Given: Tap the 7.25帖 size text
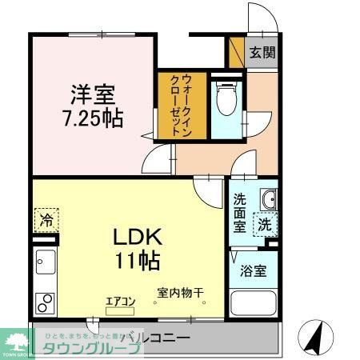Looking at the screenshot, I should [x=93, y=118].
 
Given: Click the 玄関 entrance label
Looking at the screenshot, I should [x=262, y=54].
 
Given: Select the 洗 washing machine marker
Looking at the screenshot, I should [x=264, y=226].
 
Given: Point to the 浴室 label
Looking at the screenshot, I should [x=253, y=271].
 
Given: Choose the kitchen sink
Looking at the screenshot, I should [x=45, y=262].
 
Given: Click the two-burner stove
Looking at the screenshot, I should [x=46, y=303].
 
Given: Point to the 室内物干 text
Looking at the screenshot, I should [x=180, y=293].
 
